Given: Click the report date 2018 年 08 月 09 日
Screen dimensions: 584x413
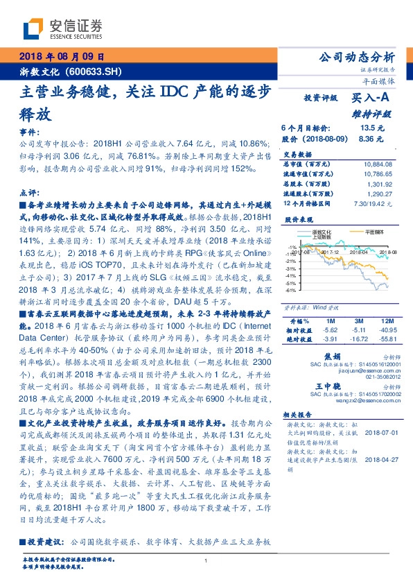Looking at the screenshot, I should pos(61,56).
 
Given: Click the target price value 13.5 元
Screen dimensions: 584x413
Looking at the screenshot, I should pos(367,128).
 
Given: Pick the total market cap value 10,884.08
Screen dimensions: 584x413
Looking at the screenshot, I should pos(376,164).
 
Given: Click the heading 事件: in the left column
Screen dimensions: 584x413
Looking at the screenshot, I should pos(26,130).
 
